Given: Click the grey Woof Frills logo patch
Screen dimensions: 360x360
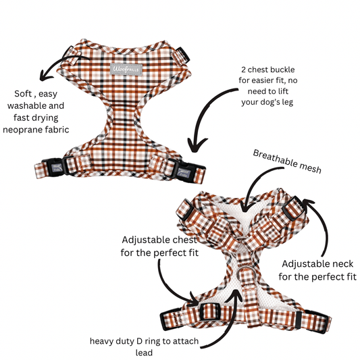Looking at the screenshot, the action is (x=126, y=69).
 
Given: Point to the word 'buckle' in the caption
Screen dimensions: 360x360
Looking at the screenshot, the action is (x=283, y=70).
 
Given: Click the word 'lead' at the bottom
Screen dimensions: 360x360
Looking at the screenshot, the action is (x=144, y=353).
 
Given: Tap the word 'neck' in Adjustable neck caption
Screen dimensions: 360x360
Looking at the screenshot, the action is (x=344, y=264).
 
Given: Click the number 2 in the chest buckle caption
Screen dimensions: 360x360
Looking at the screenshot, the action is (x=243, y=70).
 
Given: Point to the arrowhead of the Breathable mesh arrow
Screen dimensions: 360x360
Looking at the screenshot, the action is (x=245, y=208).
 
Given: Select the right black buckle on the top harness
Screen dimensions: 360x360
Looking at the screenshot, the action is (x=186, y=170).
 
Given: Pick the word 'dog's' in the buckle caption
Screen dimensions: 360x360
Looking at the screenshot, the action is (x=269, y=103).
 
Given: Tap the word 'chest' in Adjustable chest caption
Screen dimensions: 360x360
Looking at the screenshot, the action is (x=184, y=240).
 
